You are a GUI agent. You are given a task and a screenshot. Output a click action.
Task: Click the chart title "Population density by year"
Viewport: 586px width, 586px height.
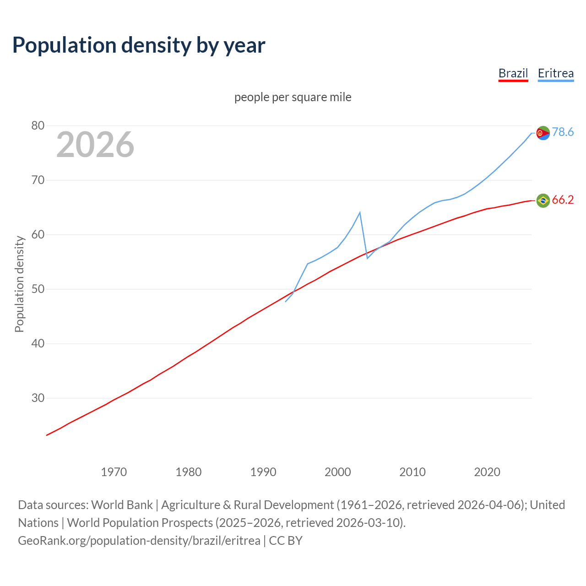139,45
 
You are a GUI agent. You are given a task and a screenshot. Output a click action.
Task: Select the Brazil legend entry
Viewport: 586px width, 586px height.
513,73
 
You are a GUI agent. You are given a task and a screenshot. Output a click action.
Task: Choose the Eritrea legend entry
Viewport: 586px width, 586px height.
555,73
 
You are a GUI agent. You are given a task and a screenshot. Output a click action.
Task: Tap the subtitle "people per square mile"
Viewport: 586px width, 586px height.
293,97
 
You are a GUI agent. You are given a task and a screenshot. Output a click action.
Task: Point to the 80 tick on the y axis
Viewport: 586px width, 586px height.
38,125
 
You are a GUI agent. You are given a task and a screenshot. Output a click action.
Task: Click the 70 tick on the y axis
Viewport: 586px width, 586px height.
38,180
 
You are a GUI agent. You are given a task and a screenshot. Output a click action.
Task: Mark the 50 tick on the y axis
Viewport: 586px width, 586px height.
38,289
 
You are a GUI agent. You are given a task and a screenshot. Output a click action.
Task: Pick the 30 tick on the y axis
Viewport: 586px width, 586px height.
38,398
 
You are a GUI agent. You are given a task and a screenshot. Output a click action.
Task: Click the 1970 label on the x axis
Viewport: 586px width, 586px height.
114,472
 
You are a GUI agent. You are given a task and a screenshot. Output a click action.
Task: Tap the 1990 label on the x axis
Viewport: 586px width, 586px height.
263,472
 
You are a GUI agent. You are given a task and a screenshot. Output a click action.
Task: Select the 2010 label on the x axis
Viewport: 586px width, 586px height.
412,472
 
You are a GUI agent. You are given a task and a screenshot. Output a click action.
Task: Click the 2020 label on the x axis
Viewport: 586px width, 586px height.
487,472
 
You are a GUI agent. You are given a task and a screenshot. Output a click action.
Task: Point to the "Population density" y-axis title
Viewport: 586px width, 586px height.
19,284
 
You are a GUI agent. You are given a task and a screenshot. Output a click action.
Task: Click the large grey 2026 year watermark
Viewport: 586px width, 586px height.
95,145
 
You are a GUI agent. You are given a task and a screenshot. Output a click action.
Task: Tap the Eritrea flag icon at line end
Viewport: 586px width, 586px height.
543,133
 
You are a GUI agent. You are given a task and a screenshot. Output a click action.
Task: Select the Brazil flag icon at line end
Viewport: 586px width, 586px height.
543,201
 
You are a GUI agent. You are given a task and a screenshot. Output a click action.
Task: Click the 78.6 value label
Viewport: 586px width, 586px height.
563,132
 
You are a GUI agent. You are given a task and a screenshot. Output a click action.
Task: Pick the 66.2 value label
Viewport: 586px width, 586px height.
563,200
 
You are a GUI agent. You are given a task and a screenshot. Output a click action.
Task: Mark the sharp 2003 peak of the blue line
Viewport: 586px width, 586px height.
360,212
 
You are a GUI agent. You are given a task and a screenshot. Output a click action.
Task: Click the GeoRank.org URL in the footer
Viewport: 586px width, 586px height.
139,540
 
